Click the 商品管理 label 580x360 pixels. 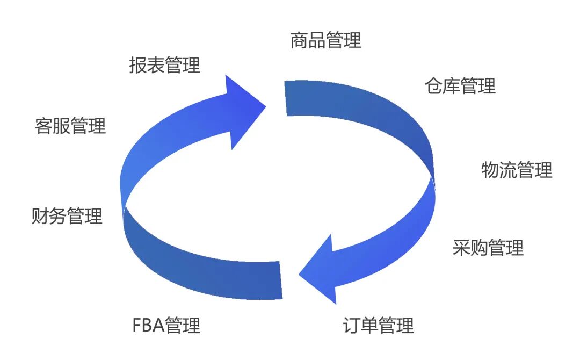tap(325, 40)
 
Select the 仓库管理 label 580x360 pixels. tap(460, 86)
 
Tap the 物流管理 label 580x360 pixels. tap(517, 170)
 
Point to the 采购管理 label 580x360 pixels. tap(488, 248)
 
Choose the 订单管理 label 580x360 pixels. tap(378, 325)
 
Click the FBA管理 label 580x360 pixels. tap(166, 325)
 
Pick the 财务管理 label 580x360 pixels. tap(67, 216)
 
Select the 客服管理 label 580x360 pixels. tap(70, 126)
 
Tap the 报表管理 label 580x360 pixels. tap(164, 65)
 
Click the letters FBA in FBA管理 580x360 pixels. tap(148, 325)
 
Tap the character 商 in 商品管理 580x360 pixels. tap(299, 40)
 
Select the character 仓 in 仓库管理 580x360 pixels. tap(433, 86)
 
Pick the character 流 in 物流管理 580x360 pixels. tap(508, 170)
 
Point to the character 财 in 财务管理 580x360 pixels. tap(40, 216)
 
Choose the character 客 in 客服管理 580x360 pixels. tap(44, 126)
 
